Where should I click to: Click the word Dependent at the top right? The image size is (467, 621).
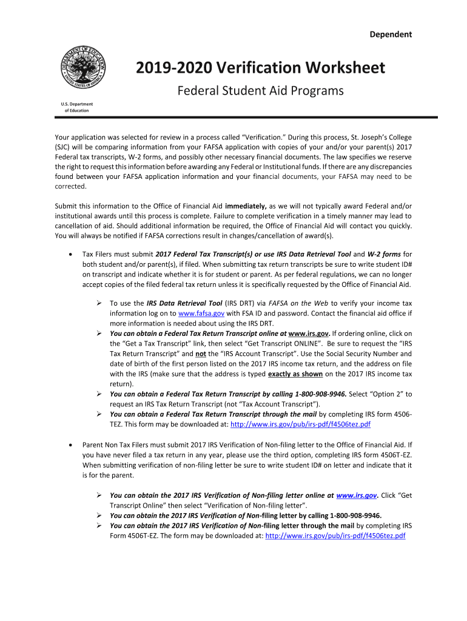pyautogui.click(x=391, y=35)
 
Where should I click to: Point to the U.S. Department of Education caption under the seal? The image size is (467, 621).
pyautogui.click(x=77, y=107)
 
